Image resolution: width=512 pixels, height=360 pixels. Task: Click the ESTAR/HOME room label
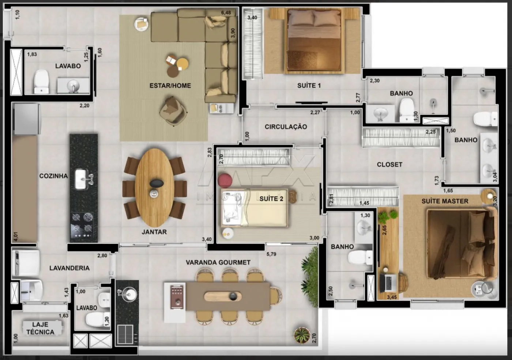tap(170, 86)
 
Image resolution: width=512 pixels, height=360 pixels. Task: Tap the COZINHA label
tap(53, 176)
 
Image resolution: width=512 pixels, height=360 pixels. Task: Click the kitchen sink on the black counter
tap(82, 179)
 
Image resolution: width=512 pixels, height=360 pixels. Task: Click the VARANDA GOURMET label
tap(218, 262)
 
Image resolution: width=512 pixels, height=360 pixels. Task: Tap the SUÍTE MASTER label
tap(445, 201)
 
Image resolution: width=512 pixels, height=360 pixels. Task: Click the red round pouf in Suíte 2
tap(225, 180)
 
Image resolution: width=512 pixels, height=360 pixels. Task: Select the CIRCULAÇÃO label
tap(286, 127)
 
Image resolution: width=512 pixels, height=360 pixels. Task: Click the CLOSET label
tap(389, 164)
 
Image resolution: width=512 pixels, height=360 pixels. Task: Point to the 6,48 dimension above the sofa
tap(226, 13)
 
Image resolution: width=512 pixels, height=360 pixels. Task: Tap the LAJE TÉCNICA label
tap(40, 328)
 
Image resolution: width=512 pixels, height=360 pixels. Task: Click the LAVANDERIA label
tap(69, 268)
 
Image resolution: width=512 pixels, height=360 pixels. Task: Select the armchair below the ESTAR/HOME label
tap(173, 111)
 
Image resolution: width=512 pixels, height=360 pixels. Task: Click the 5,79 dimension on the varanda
tap(271, 254)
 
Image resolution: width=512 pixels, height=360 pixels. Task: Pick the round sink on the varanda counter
tap(128, 294)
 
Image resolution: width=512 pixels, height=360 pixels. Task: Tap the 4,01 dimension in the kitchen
tap(16, 236)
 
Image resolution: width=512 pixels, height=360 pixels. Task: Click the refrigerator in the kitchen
tap(27, 119)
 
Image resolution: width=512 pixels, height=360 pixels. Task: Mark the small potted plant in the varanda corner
tap(302, 335)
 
